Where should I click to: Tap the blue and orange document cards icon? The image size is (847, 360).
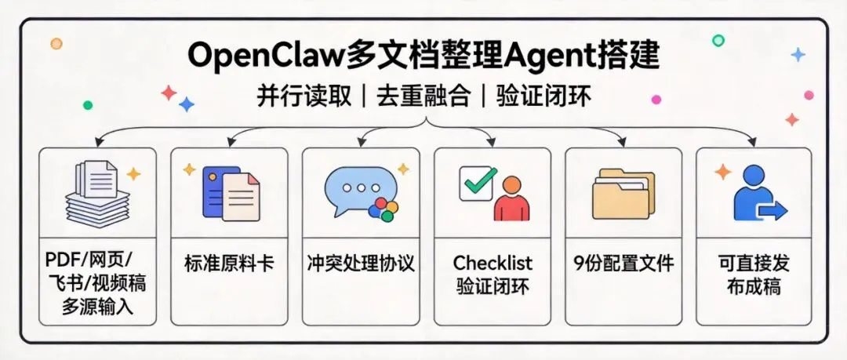tap(230, 191)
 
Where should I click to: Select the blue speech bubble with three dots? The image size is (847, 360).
tap(354, 189)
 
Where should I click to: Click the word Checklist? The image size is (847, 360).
tap(492, 262)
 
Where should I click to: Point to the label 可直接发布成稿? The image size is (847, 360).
tap(754, 275)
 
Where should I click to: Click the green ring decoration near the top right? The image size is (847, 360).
tap(718, 40)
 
